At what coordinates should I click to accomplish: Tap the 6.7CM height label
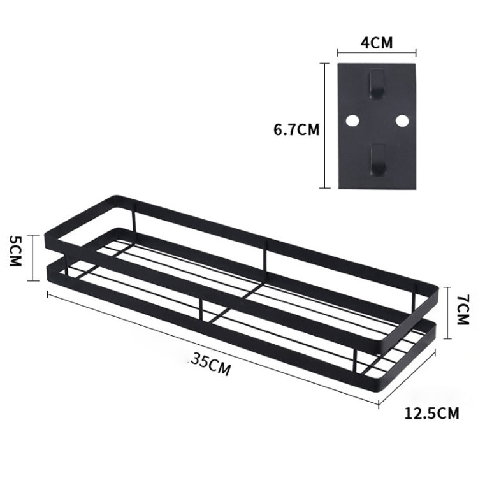296,129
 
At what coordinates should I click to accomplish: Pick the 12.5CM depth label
431,414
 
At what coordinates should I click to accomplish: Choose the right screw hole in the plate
401,119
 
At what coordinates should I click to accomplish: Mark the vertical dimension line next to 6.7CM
327,126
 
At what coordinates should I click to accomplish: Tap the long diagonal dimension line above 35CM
214,347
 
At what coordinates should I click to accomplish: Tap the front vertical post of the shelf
201,309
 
